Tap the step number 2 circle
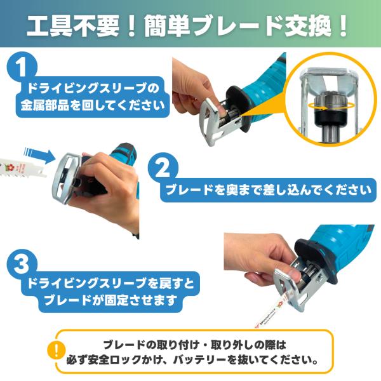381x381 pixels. tap(163, 168)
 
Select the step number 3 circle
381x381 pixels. tap(22, 264)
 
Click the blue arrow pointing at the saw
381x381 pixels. tap(40, 154)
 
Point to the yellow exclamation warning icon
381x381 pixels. tap(56, 350)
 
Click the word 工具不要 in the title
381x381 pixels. tap(73, 25)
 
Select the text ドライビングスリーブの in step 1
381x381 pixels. tap(93, 88)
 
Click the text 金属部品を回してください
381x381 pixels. tap(93, 105)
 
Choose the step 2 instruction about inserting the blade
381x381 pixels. tap(268, 190)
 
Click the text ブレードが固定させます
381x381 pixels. tap(110, 300)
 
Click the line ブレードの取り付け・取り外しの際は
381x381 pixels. tap(195, 345)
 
